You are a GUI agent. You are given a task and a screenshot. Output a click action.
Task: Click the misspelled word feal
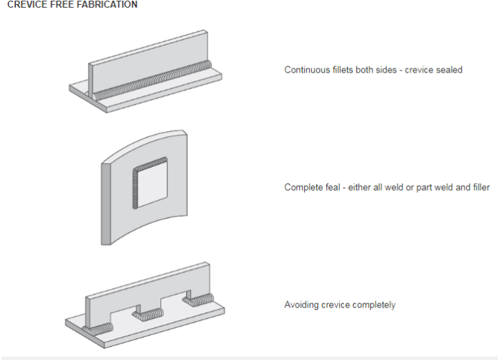point(333,187)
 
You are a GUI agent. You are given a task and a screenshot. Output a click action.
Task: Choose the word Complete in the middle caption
point(303,187)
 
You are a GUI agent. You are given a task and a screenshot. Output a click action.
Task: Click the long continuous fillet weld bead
point(153,81)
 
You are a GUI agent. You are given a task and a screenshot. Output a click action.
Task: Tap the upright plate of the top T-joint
point(148,63)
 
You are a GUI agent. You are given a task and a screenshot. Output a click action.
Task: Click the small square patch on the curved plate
point(152,184)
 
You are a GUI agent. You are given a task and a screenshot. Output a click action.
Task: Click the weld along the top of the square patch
point(150,163)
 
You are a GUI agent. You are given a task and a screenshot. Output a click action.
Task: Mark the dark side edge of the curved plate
point(106,204)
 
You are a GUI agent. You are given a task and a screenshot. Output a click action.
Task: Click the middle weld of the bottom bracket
point(149,315)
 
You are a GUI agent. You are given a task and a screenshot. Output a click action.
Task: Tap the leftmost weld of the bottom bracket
point(98,329)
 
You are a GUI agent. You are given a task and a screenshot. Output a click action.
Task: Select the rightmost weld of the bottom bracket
point(198,299)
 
